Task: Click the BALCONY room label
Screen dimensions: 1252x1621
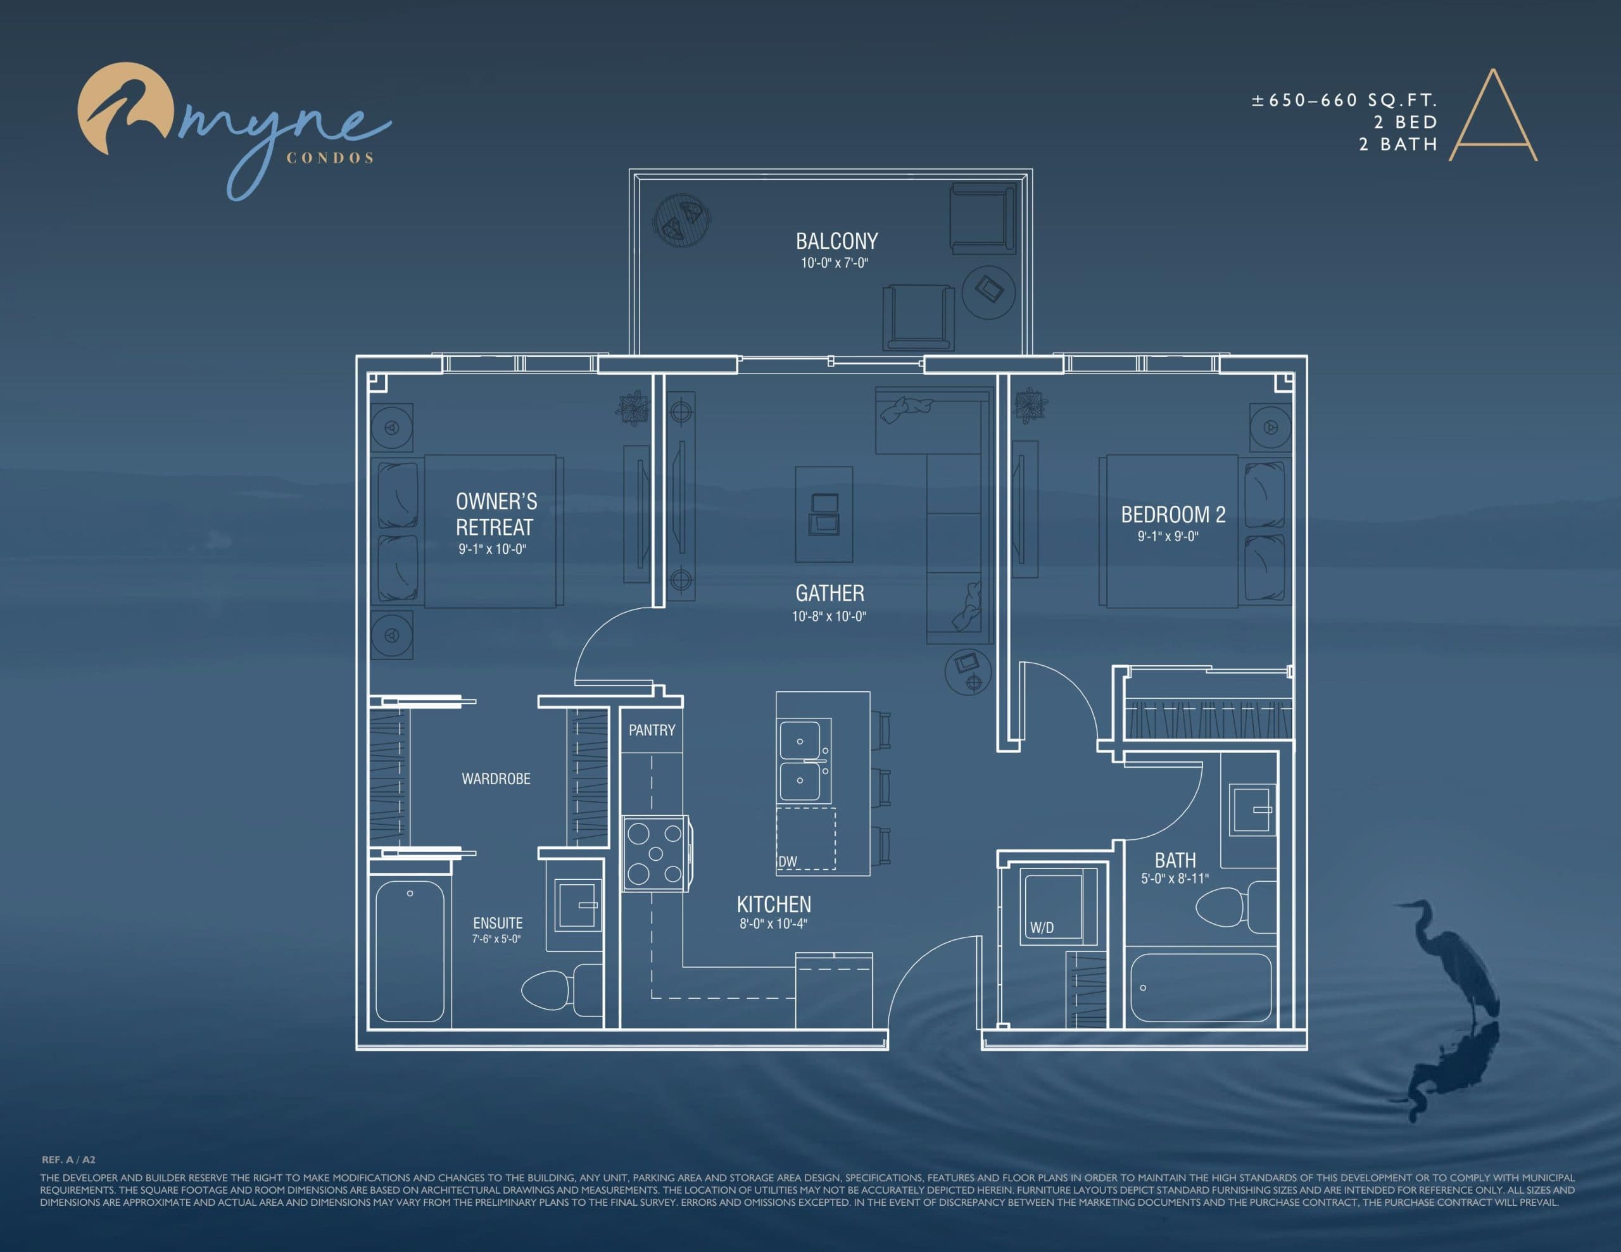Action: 836,241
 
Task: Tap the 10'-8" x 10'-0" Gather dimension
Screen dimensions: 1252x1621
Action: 828,616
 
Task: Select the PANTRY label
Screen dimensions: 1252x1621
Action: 652,730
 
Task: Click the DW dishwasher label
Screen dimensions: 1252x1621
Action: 788,861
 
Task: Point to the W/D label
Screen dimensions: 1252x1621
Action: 1042,928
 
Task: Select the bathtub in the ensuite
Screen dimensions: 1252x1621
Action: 410,951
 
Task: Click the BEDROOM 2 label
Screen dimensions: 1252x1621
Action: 1173,515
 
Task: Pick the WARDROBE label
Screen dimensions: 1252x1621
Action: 496,779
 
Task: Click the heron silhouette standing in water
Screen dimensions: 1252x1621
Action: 1451,965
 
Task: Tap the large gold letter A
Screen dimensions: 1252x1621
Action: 1492,119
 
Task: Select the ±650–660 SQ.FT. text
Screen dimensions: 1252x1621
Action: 1344,101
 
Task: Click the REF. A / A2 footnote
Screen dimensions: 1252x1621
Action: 68,1159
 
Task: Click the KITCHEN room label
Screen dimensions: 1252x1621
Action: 773,904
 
